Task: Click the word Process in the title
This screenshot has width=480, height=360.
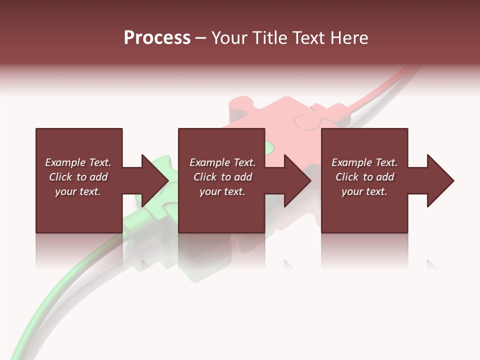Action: (157, 38)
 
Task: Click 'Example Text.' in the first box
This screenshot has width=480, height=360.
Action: (78, 162)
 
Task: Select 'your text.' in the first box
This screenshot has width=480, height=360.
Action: (78, 191)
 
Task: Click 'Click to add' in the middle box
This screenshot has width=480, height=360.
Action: (222, 177)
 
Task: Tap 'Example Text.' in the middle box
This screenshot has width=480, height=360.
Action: (222, 162)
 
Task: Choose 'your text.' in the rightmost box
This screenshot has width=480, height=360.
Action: (364, 191)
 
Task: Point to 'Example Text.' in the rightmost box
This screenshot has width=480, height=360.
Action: (364, 162)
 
